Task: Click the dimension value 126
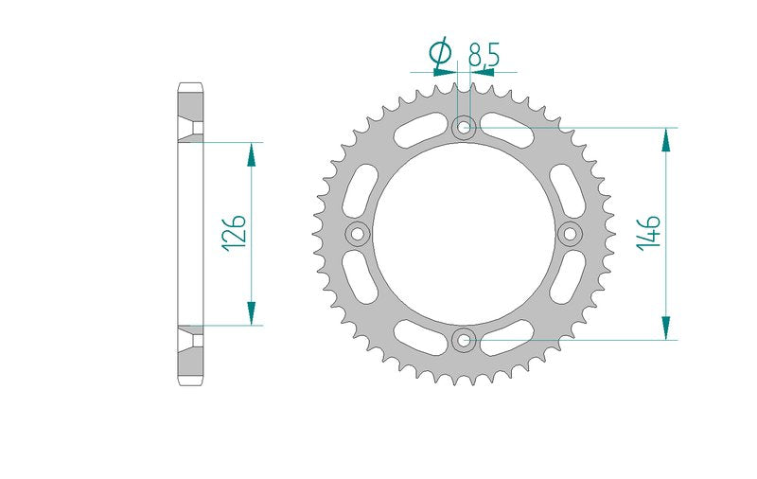[234, 233]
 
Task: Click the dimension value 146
[648, 233]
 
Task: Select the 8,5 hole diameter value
[484, 54]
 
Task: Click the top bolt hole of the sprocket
[464, 128]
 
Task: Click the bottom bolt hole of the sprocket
[464, 340]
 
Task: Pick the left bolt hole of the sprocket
[358, 234]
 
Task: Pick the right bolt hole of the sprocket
[571, 234]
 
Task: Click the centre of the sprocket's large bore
[464, 234]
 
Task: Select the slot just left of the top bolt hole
[419, 130]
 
